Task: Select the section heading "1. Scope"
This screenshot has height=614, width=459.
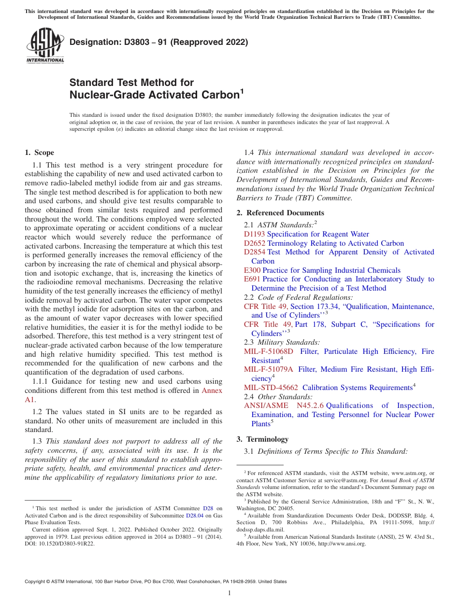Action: pos(39,153)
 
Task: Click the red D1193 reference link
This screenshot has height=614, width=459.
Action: pos(254,234)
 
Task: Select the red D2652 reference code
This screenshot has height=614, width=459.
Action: pos(254,243)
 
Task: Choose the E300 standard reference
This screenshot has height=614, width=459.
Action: pos(252,270)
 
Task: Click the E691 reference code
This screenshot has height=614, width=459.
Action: pos(252,279)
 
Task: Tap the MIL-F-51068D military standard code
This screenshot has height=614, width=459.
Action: pos(269,351)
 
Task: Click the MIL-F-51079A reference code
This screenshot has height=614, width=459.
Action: pos(269,369)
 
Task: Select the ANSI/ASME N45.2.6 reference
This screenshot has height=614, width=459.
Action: pos(284,405)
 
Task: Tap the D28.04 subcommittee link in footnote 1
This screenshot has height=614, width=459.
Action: pos(193,516)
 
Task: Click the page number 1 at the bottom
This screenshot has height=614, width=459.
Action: pos(229,593)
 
